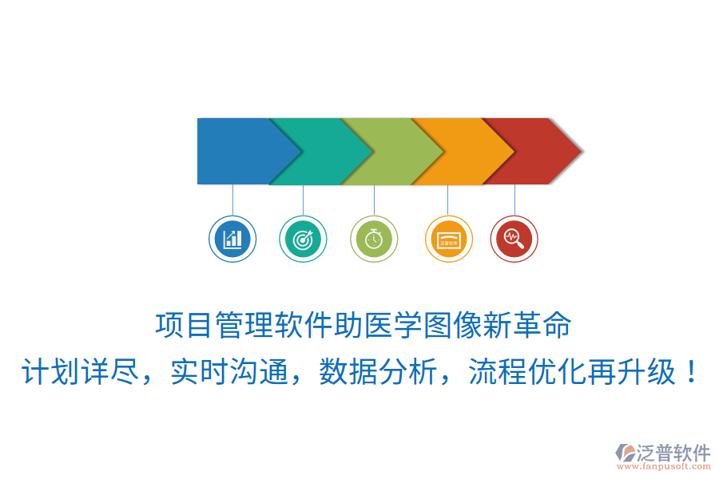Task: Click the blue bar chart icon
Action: coord(232,238)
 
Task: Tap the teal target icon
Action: coord(303,238)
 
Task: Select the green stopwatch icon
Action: coord(374,238)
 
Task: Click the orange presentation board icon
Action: coord(448,238)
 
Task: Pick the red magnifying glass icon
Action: coord(514,238)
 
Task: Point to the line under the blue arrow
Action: coord(232,200)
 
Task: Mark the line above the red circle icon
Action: coord(514,200)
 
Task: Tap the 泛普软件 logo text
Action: coord(673,453)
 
